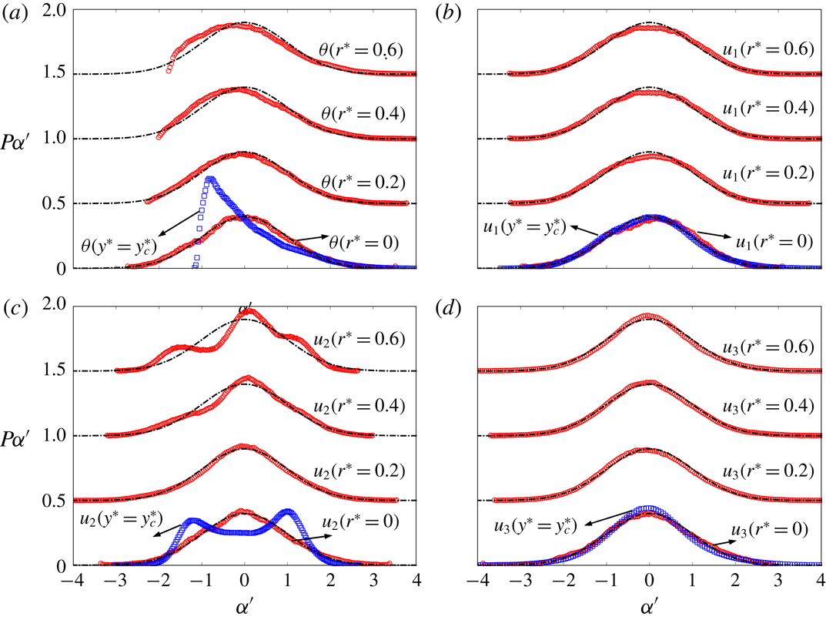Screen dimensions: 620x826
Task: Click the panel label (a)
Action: (13, 14)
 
